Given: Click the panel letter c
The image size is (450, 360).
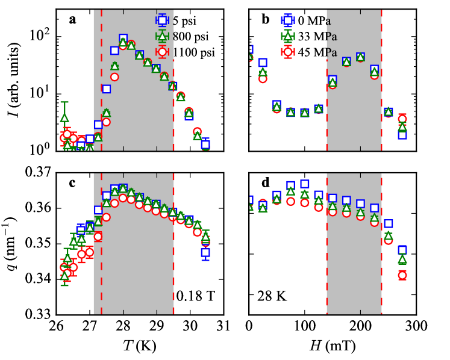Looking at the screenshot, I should point(72,184).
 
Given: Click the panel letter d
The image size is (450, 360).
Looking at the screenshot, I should point(265,184).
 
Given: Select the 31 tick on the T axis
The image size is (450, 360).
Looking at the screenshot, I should point(223,327).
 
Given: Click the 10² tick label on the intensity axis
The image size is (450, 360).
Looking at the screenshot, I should point(37,37).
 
